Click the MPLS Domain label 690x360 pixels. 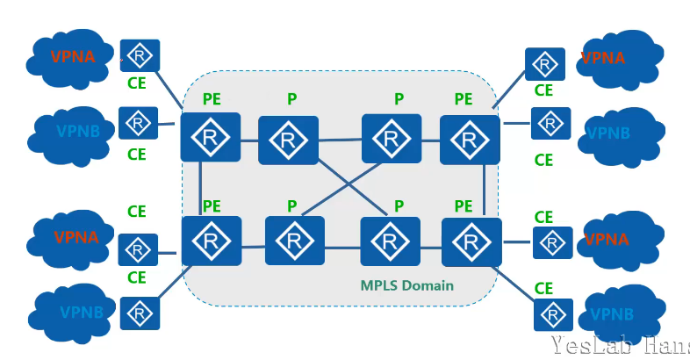407,286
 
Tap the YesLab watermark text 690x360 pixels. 620,345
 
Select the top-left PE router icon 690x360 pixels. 210,137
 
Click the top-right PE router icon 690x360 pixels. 470,140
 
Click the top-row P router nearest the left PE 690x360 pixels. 288,140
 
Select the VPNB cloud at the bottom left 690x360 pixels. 74,312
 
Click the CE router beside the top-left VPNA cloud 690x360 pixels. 140,56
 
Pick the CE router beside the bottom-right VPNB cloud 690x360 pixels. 552,313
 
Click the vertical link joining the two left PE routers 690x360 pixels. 202,189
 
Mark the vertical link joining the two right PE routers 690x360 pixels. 485,190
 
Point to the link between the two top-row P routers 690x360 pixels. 340,139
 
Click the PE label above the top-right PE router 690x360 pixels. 464,98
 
